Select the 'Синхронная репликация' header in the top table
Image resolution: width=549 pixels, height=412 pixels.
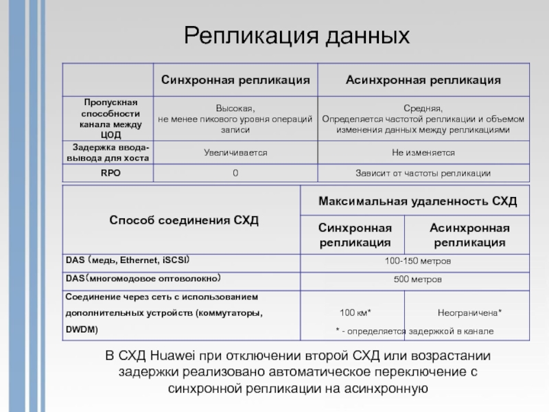pyautogui.click(x=235, y=80)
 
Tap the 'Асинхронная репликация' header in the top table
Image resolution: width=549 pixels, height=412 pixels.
pyautogui.click(x=423, y=80)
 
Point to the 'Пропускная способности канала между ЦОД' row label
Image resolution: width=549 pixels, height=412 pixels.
pyautogui.click(x=110, y=118)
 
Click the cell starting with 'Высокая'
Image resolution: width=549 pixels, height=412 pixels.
pyautogui.click(x=235, y=119)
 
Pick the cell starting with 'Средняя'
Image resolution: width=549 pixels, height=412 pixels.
pyautogui.click(x=423, y=119)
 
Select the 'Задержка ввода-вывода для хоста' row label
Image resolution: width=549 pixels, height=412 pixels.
pyautogui.click(x=110, y=152)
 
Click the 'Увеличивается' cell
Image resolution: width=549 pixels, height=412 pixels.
pyautogui.click(x=235, y=152)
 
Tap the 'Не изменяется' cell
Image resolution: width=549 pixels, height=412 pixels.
pyautogui.click(x=423, y=152)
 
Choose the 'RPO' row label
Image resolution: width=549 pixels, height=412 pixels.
pyautogui.click(x=110, y=173)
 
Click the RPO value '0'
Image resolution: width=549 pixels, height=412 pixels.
pyautogui.click(x=235, y=173)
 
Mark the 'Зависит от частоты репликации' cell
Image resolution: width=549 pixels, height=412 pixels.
pyautogui.click(x=423, y=173)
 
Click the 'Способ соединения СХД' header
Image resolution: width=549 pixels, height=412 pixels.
pyautogui.click(x=183, y=220)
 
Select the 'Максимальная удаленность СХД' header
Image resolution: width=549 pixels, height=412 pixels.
pyautogui.click(x=417, y=202)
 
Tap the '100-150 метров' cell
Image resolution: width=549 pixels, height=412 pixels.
pyautogui.click(x=417, y=262)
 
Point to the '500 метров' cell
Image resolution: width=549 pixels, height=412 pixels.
pyautogui.click(x=417, y=279)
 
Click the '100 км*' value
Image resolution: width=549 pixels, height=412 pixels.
pyautogui.click(x=355, y=312)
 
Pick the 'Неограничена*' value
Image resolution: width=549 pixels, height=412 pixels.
pyautogui.click(x=470, y=312)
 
